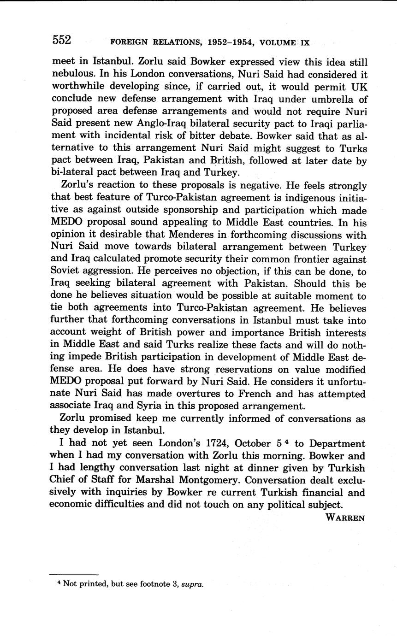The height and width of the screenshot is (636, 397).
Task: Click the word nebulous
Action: tap(70, 74)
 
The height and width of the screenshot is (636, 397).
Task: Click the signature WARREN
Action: tap(345, 518)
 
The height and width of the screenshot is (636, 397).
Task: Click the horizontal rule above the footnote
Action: tap(74, 575)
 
